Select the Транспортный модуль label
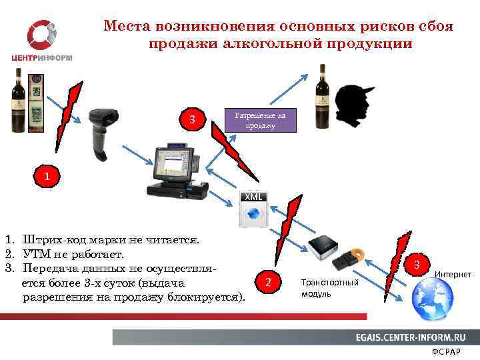tap(329, 289)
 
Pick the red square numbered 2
tap(268, 283)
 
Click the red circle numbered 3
tap(416, 265)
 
